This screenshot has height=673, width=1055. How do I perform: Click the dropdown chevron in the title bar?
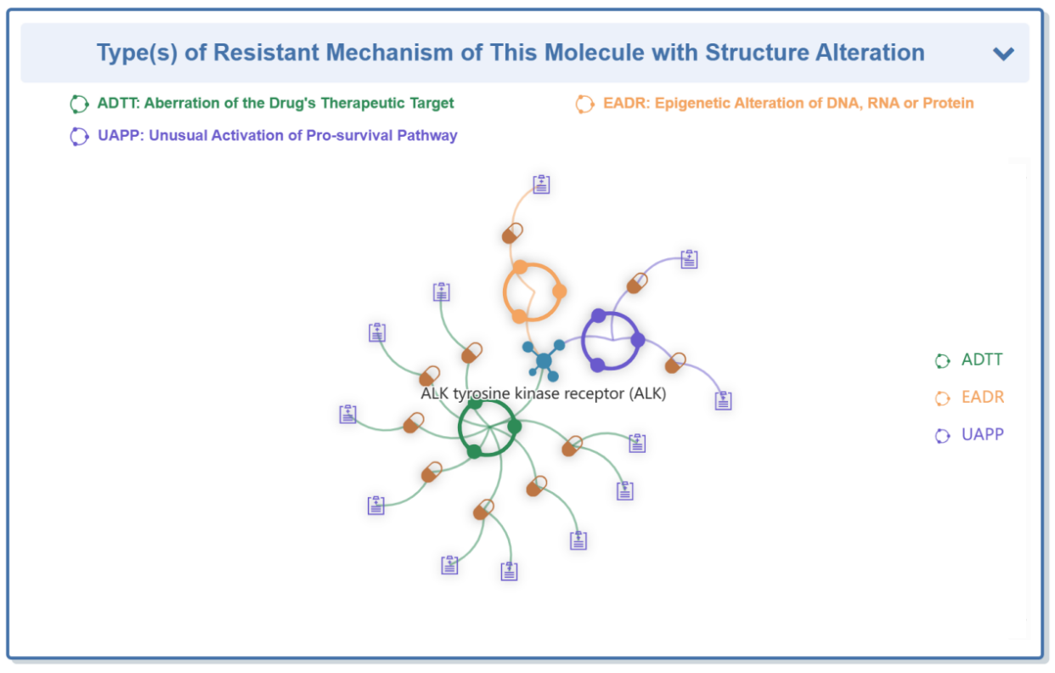(x=1003, y=54)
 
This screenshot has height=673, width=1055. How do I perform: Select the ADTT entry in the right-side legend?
(x=969, y=360)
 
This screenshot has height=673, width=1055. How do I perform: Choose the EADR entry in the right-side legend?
(x=969, y=398)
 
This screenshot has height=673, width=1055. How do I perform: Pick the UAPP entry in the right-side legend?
(x=969, y=434)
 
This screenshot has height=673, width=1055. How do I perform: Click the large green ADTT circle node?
(x=488, y=428)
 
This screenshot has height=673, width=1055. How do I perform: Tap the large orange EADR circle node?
(x=533, y=291)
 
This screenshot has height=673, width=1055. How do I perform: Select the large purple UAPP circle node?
(x=612, y=340)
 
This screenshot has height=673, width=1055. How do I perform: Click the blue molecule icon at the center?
(x=544, y=360)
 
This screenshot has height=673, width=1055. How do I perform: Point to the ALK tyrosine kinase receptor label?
(x=543, y=393)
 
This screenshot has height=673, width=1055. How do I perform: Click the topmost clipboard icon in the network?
(x=541, y=184)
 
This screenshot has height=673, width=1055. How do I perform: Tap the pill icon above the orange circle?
(x=512, y=234)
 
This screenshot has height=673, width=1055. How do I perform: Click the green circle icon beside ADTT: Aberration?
(x=79, y=105)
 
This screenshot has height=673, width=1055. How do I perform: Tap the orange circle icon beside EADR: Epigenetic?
(x=585, y=105)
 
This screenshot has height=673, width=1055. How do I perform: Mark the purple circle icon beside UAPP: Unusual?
(x=79, y=137)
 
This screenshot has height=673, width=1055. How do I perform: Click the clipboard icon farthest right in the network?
(x=724, y=400)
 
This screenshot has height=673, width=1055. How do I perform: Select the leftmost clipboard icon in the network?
(x=348, y=415)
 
